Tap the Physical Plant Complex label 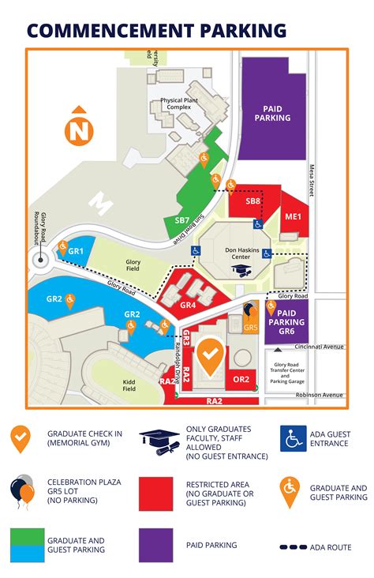click(183, 104)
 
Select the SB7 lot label click(182, 220)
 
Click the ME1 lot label click(293, 216)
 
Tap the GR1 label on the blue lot click(76, 250)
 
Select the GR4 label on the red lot click(188, 305)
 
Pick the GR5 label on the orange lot click(251, 327)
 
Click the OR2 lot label click(241, 379)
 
